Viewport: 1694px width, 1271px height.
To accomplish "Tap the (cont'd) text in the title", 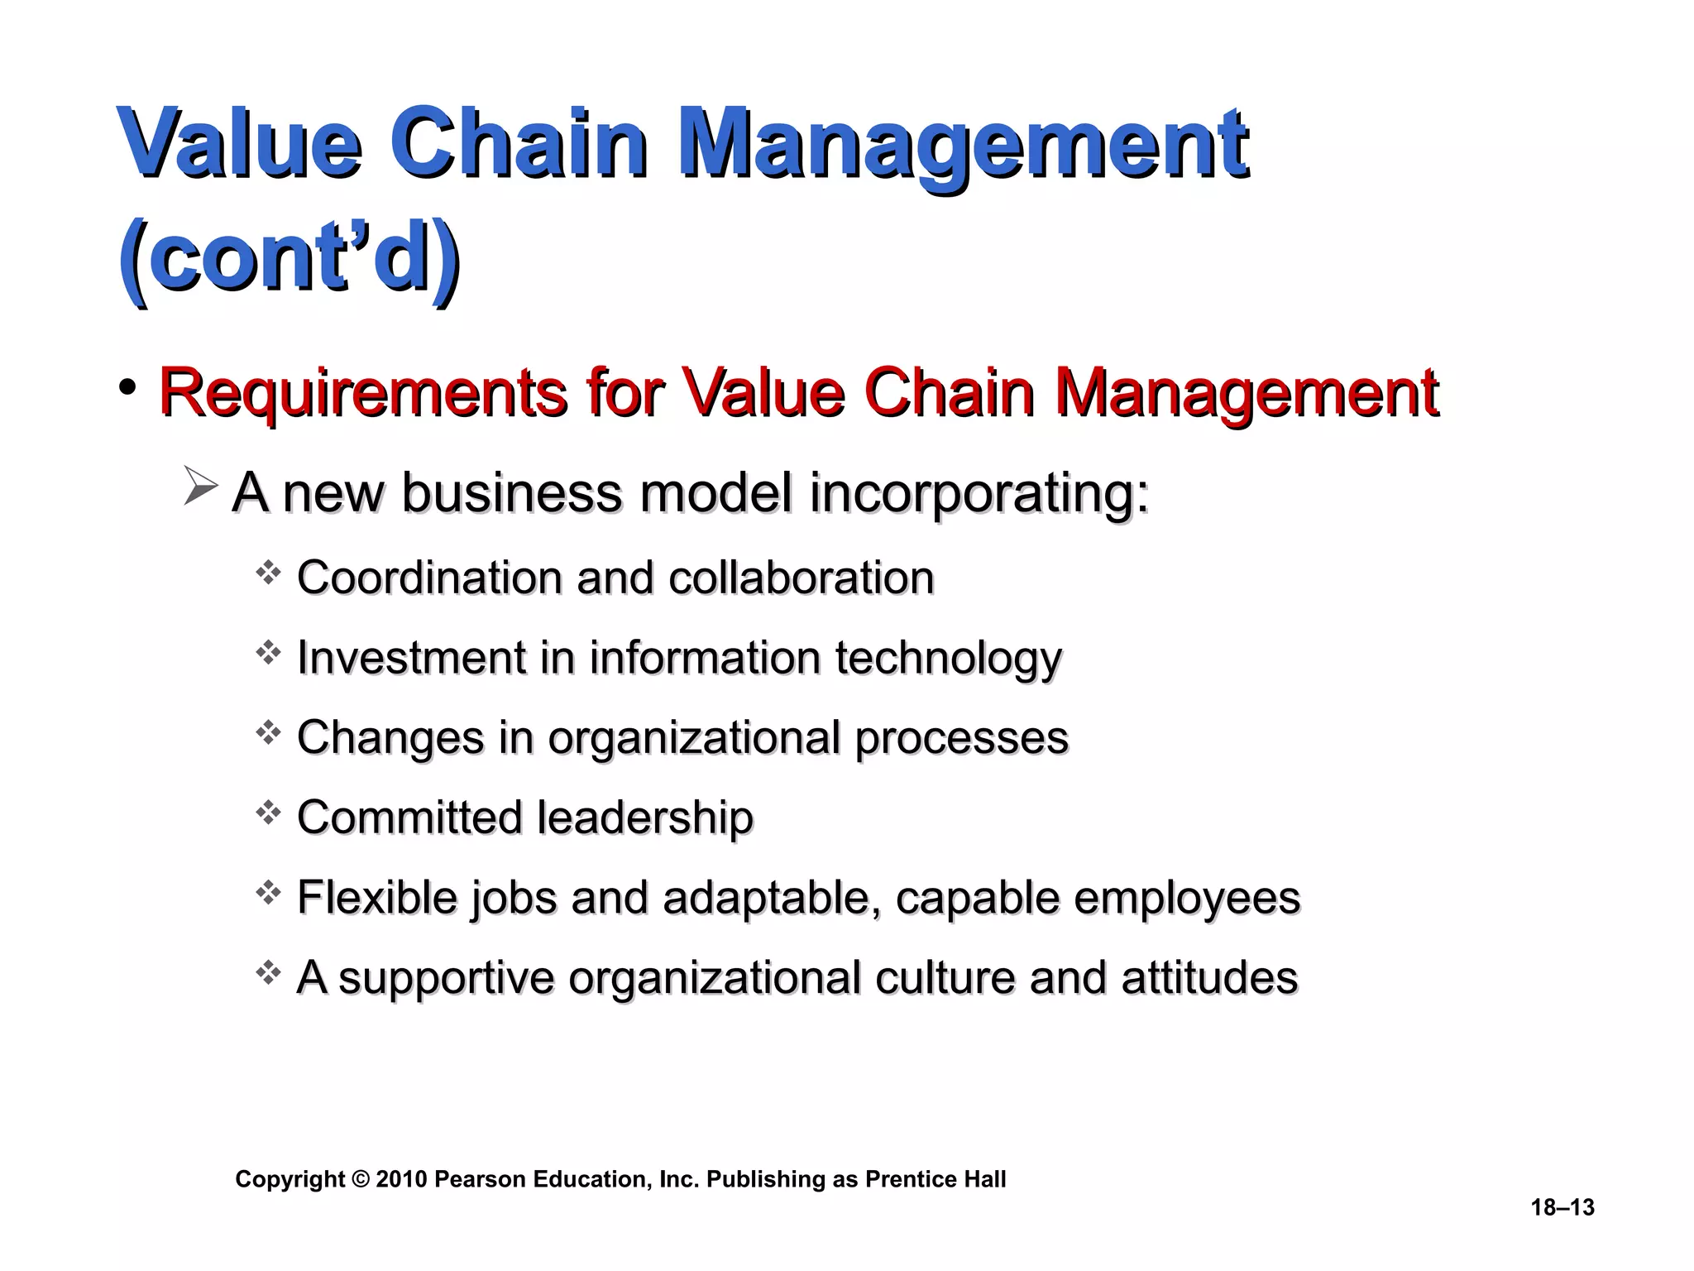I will [x=289, y=257].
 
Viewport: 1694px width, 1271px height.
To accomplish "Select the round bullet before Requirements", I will [x=127, y=386].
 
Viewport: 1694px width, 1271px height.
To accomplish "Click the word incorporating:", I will [x=979, y=493].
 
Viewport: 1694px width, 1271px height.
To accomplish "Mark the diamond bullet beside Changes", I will [x=268, y=732].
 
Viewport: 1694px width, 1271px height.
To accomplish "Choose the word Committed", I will [x=409, y=818].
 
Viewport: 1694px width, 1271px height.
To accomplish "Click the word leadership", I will [x=645, y=818].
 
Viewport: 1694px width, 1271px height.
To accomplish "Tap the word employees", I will [x=1187, y=899].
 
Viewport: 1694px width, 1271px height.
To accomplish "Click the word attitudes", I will [x=1209, y=977].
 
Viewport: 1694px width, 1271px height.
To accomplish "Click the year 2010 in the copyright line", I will [x=401, y=1179].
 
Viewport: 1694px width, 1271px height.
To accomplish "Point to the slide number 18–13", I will [x=1562, y=1207].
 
